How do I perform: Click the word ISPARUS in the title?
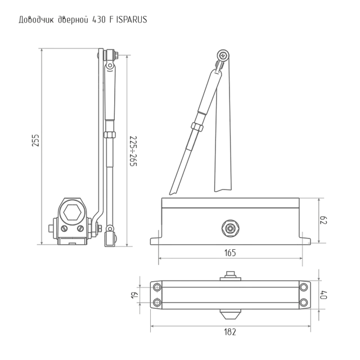(132, 20)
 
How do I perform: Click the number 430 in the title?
(99, 20)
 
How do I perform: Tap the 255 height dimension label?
(35, 141)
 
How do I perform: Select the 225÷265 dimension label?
(133, 151)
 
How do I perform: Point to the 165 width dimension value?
(230, 253)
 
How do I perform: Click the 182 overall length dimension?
(230, 332)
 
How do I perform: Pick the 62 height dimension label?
(323, 220)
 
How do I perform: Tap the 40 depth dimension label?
(323, 295)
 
